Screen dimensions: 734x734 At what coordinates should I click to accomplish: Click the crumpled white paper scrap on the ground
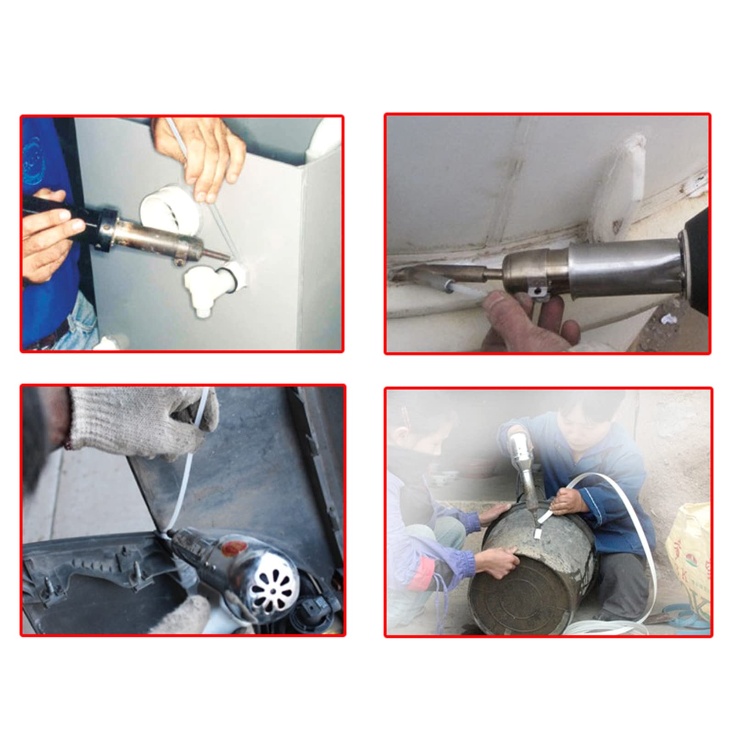point(668,317)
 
